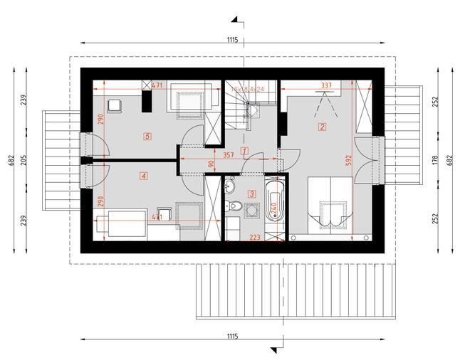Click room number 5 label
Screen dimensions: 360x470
coord(147,135)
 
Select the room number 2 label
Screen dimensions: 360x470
coord(322,127)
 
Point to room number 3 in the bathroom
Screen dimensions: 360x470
coord(251,193)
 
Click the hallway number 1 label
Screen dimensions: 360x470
coord(244,150)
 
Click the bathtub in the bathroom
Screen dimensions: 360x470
coord(274,207)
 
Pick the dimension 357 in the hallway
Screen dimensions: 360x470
coord(229,154)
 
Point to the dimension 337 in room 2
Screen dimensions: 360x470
coord(327,85)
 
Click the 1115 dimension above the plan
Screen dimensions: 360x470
coord(232,41)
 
